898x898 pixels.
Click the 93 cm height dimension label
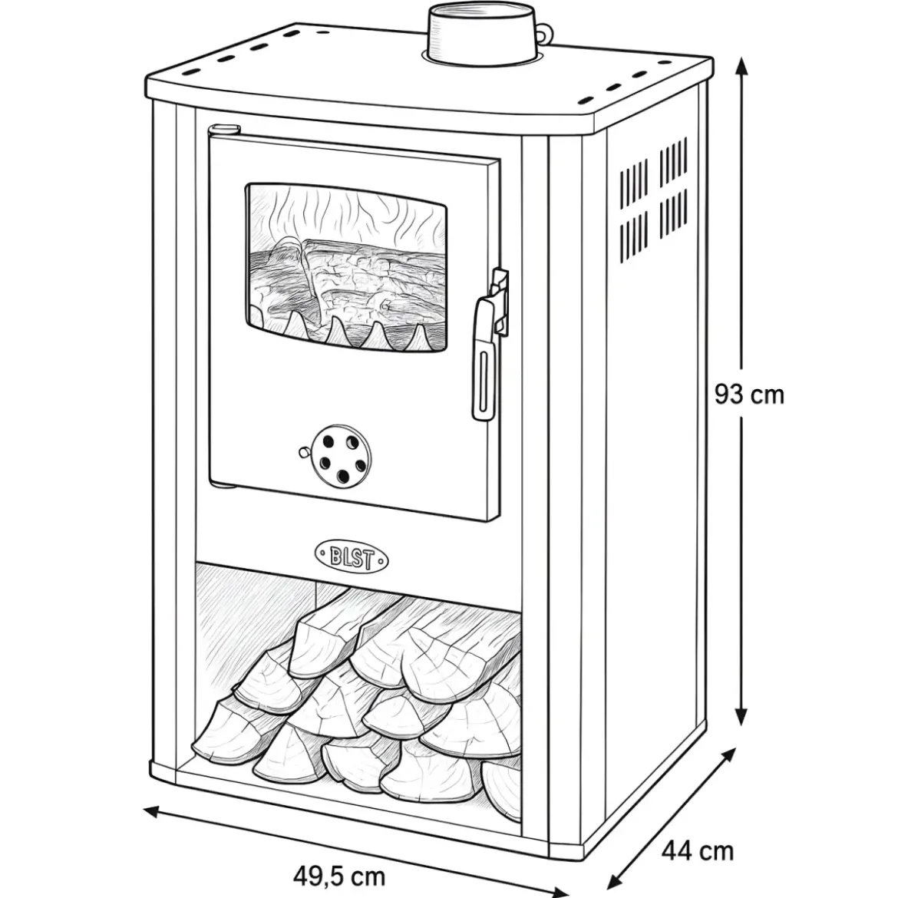tap(749, 395)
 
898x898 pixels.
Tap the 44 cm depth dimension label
tap(698, 851)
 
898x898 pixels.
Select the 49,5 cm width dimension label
tap(339, 877)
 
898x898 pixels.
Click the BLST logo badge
tap(351, 557)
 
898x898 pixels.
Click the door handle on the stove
tap(484, 360)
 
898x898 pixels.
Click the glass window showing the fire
tap(346, 267)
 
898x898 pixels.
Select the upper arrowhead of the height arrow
tap(741, 68)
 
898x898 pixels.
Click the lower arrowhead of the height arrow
tap(741, 714)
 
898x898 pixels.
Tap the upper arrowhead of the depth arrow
tap(728, 755)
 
